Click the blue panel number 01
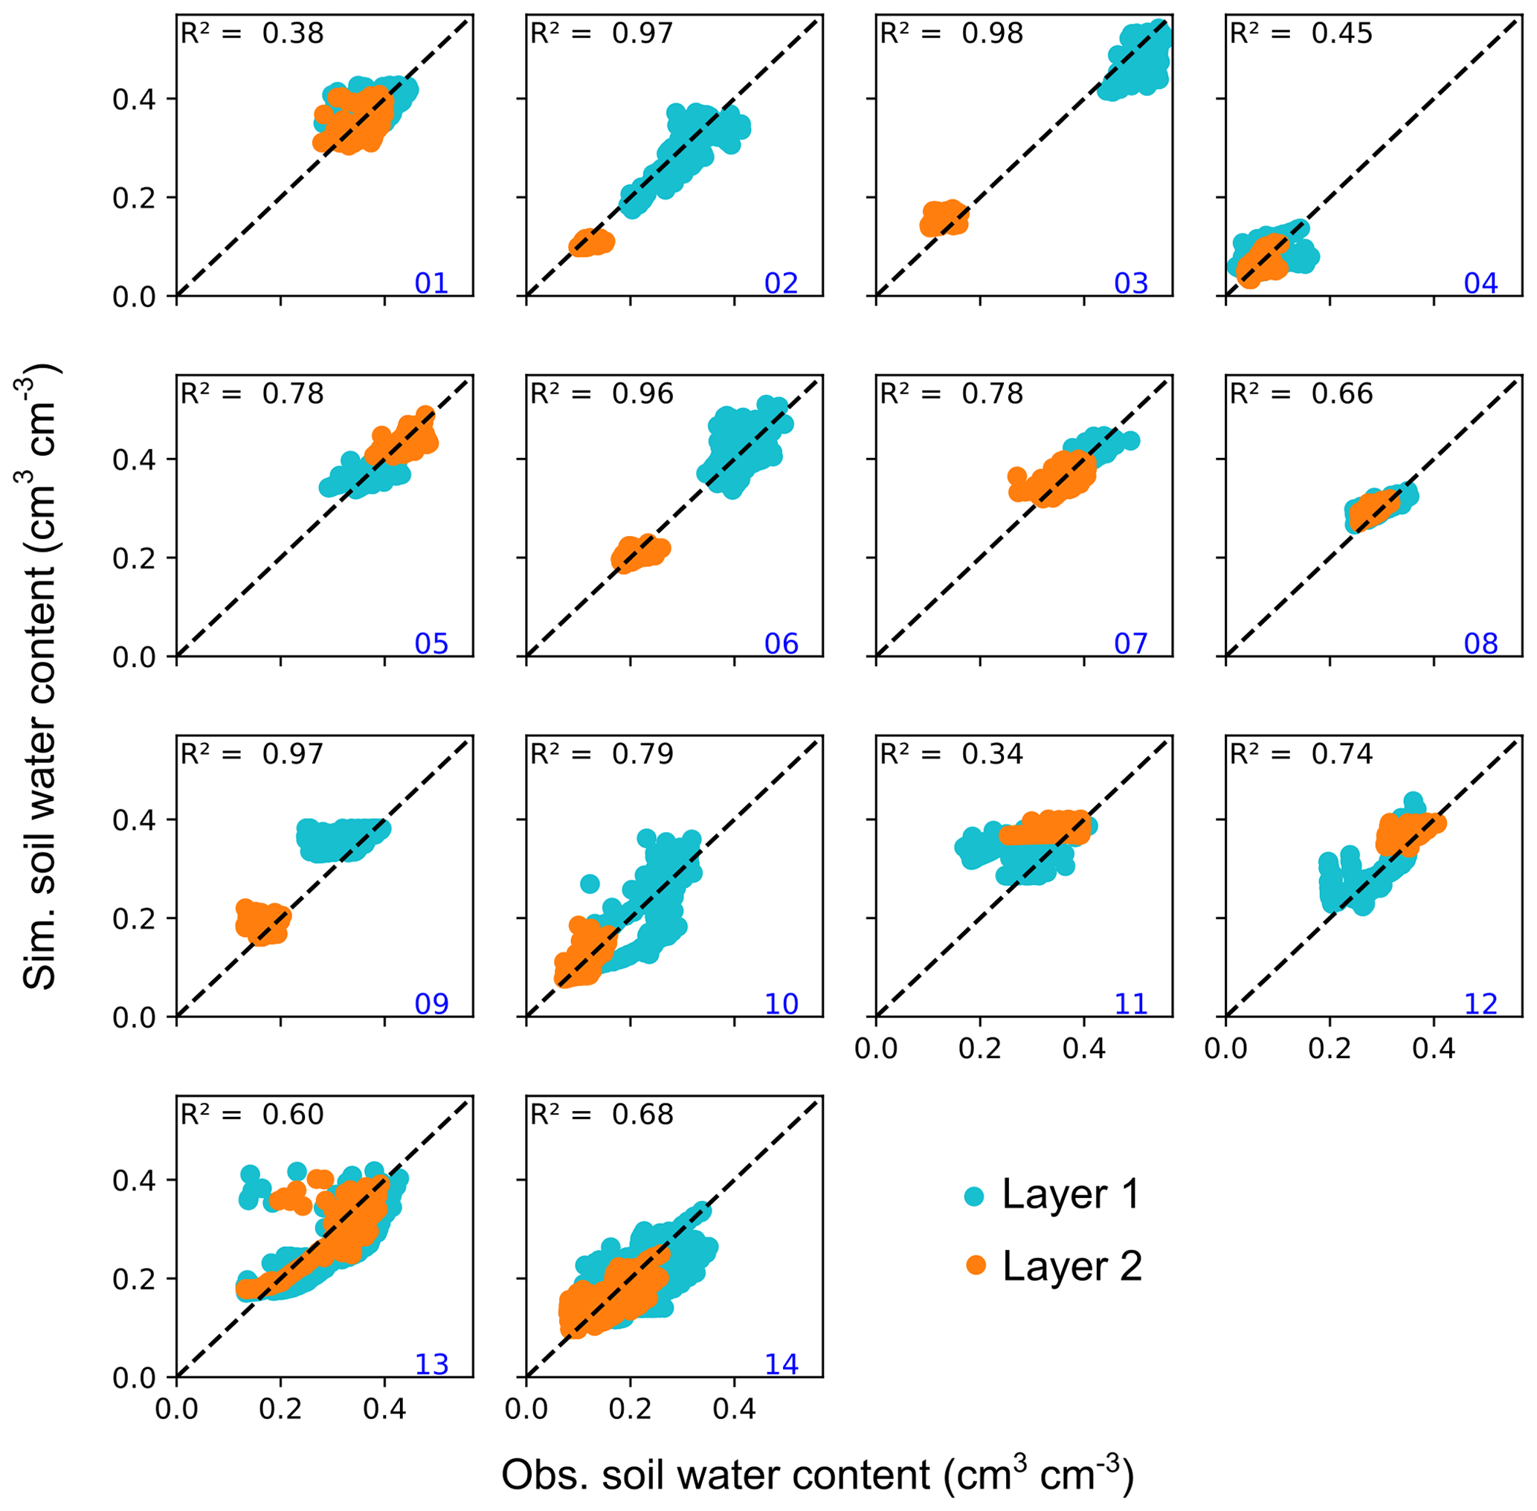[431, 283]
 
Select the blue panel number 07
[1131, 642]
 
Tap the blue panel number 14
[781, 1363]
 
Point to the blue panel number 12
[1480, 1003]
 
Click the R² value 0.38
[293, 33]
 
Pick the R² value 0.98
[992, 33]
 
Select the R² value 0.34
[992, 753]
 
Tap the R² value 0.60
[293, 1114]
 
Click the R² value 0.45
[1341, 33]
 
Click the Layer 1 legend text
[1071, 1193]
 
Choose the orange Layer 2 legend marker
[975, 1266]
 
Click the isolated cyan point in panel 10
[590, 883]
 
